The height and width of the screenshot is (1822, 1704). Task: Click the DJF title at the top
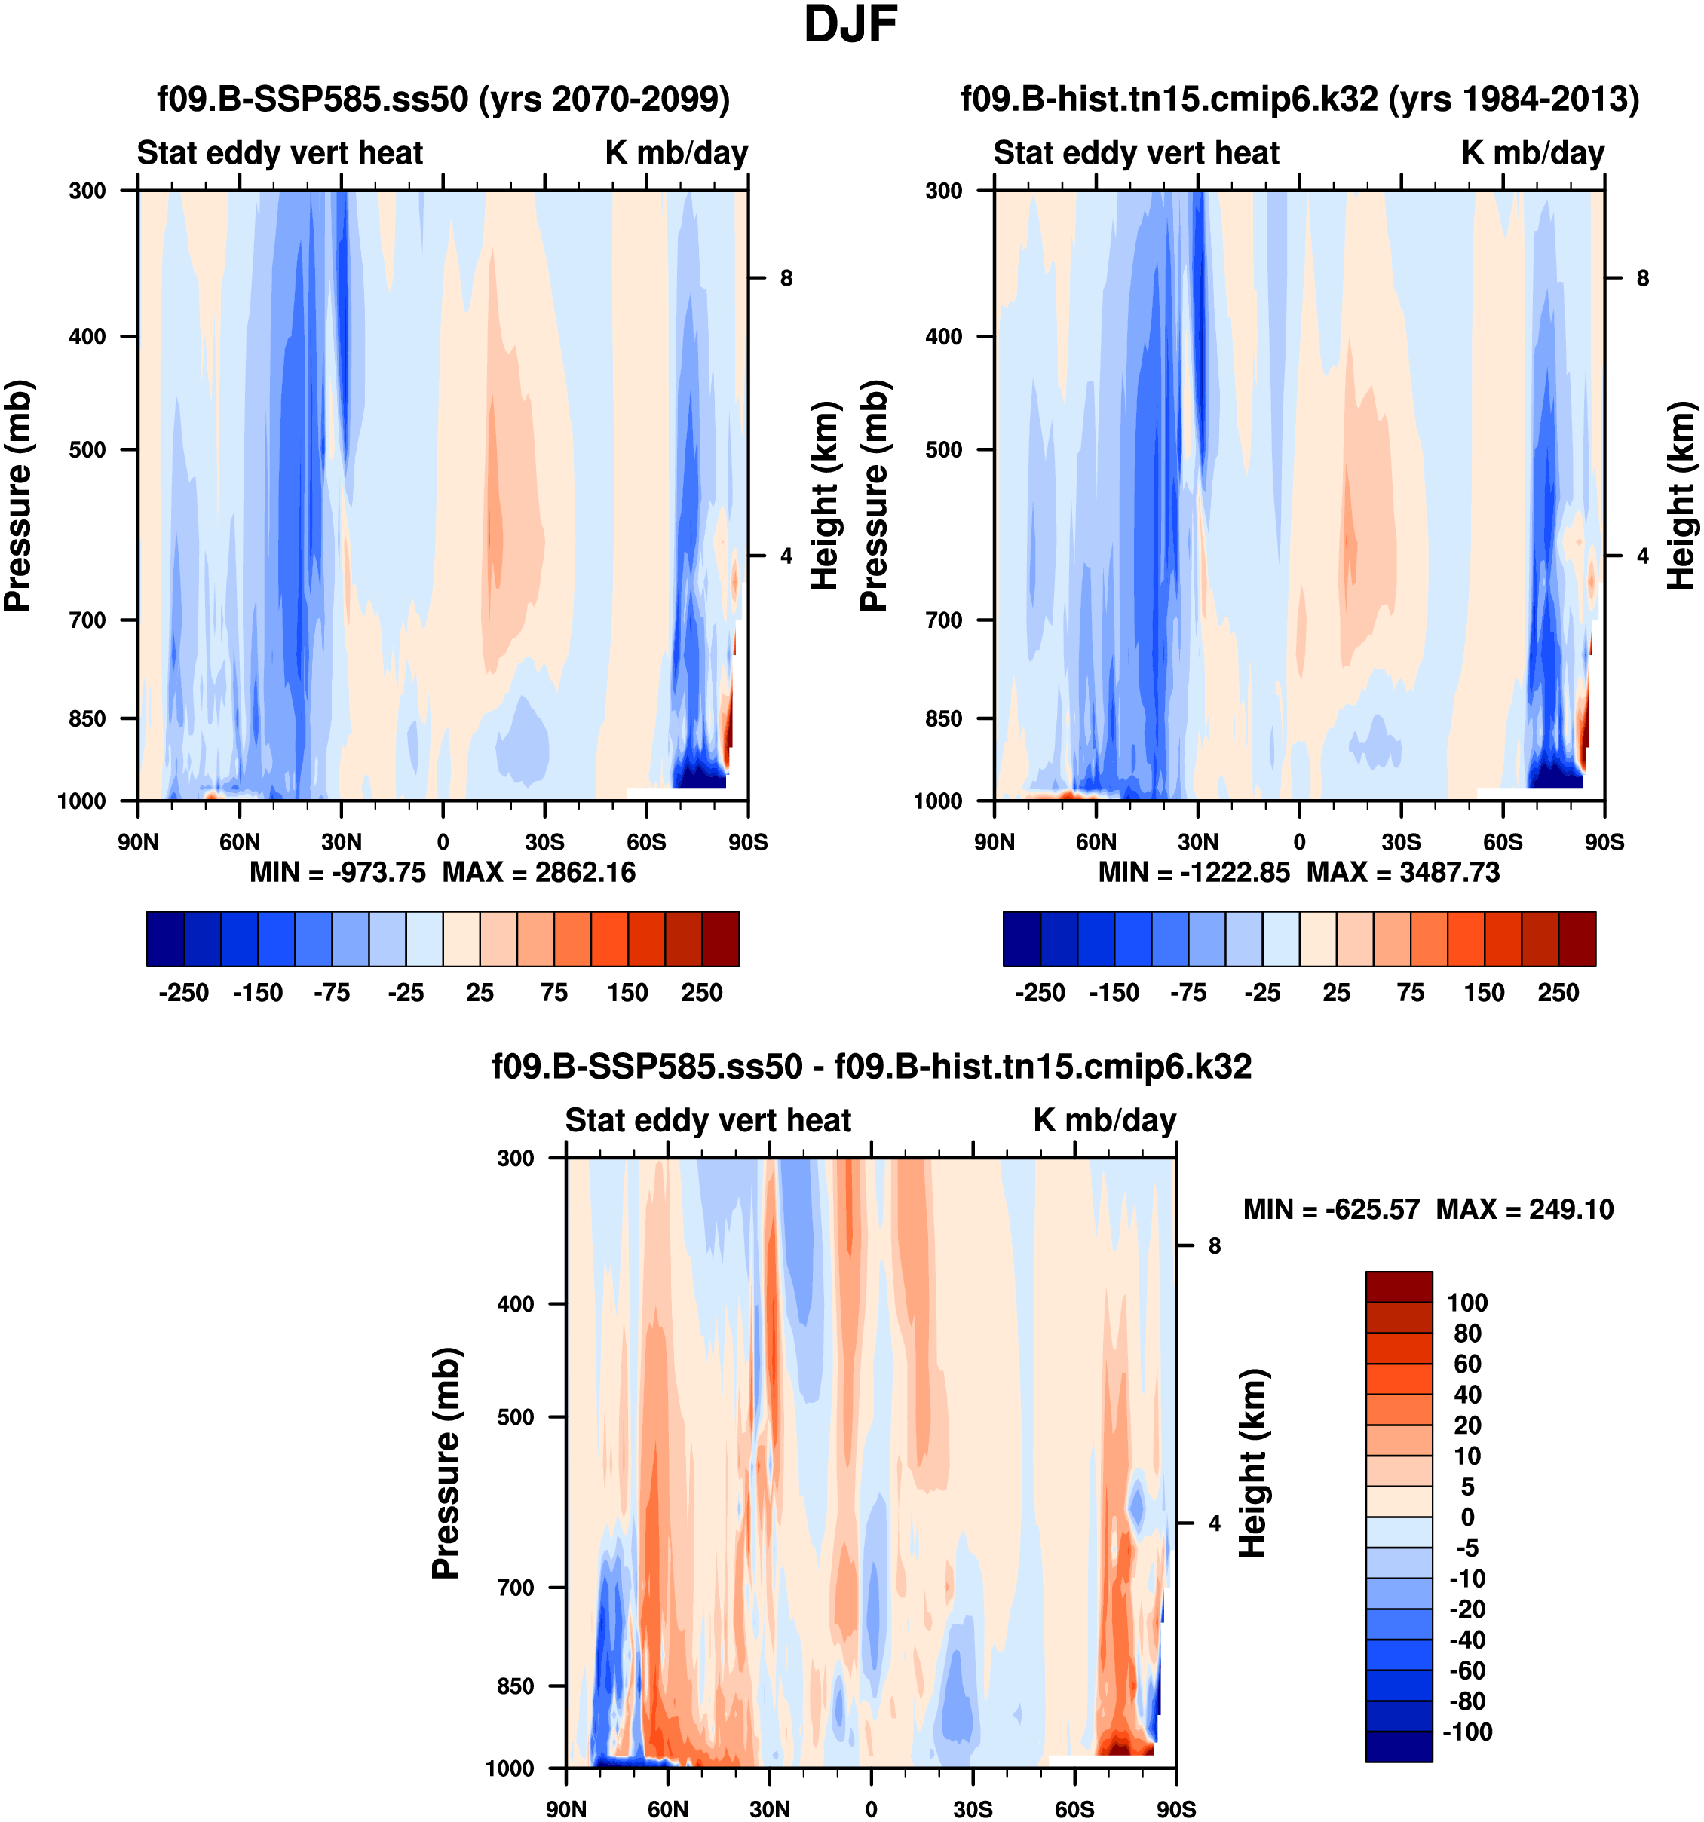tap(850, 25)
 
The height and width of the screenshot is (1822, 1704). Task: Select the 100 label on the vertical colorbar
tap(1466, 1303)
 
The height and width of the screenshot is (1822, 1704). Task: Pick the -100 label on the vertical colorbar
tap(1466, 1732)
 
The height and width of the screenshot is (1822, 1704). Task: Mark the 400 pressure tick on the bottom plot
tap(515, 1303)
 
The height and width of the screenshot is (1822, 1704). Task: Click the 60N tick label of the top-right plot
tap(1096, 841)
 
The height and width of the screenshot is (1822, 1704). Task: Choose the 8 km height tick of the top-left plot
tap(786, 277)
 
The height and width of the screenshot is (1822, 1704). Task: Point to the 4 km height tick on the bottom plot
tap(1215, 1523)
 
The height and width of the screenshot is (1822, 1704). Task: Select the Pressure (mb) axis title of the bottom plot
tap(446, 1462)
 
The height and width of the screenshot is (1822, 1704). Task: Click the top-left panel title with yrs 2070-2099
tap(443, 98)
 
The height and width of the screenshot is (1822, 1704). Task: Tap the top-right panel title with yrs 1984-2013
tap(1300, 98)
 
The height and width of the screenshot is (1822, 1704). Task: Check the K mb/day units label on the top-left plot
tap(676, 152)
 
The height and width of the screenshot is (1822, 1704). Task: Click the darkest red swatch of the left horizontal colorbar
tap(721, 939)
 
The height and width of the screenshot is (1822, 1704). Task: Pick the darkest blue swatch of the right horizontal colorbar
tap(1022, 939)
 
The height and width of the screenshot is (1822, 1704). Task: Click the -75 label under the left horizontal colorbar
tap(331, 993)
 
